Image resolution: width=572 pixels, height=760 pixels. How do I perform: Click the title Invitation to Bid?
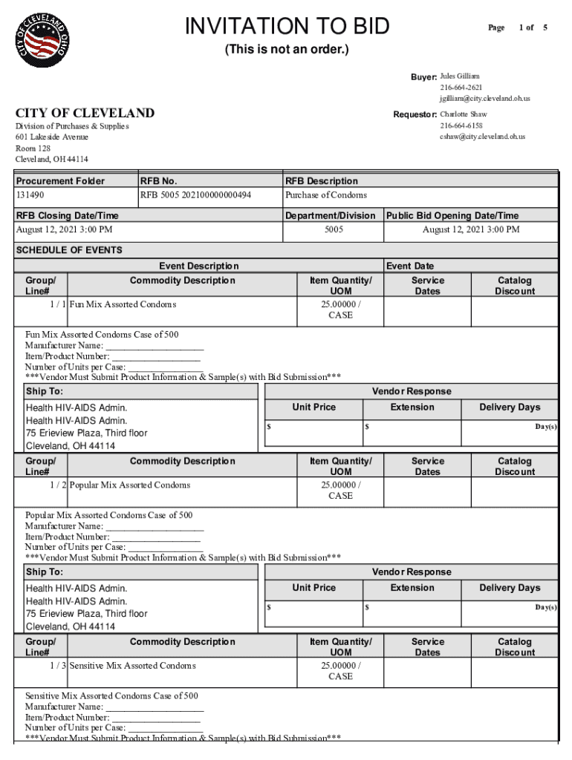[x=287, y=27]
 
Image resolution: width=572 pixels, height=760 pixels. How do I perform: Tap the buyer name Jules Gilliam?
[x=460, y=76]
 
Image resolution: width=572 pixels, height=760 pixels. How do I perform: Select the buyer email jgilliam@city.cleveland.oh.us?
[x=484, y=98]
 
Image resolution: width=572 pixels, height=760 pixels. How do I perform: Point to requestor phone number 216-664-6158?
[x=461, y=125]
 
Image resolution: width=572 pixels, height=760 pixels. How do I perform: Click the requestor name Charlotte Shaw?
[x=464, y=115]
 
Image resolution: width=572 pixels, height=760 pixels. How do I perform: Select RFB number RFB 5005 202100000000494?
[x=195, y=195]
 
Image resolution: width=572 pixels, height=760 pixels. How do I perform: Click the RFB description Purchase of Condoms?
[x=326, y=195]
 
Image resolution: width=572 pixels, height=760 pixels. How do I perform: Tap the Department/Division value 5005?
[x=334, y=230]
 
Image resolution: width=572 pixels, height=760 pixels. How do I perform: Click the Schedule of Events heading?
[x=69, y=250]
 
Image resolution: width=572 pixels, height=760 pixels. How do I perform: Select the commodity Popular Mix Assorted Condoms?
[x=130, y=485]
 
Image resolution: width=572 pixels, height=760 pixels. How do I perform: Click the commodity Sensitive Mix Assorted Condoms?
[x=133, y=666]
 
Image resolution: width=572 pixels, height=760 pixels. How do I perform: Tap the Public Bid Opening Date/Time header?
[x=452, y=216]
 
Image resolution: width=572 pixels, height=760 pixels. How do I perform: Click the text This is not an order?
[x=287, y=50]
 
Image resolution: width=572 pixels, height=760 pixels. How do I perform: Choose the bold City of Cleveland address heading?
[x=85, y=113]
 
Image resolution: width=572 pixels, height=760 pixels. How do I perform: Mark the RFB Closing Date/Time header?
[x=68, y=216]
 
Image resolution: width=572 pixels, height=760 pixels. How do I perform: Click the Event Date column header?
[x=410, y=266]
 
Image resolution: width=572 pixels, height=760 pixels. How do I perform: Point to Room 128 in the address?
[x=33, y=148]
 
